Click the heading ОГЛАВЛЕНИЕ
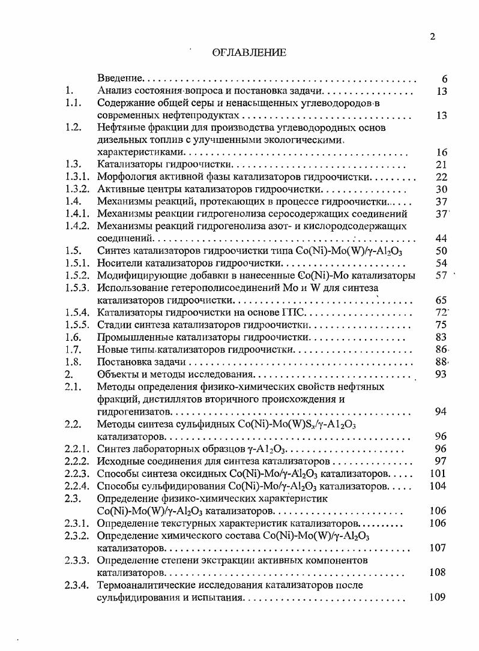click(249, 53)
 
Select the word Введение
click(119, 79)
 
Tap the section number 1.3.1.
click(77, 177)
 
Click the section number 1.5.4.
click(77, 313)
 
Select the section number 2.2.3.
click(77, 473)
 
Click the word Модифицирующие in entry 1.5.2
click(133, 275)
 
